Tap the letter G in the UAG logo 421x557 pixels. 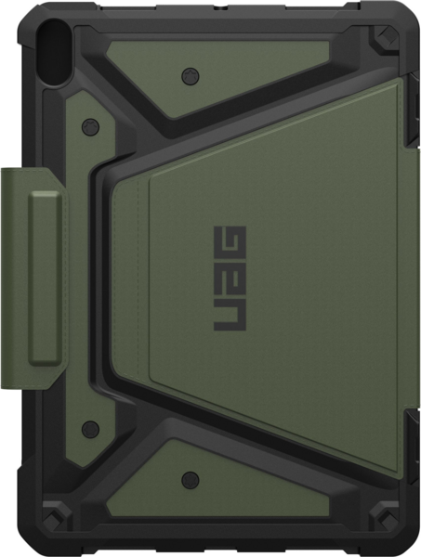(x=230, y=242)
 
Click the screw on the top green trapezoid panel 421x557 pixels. (x=191, y=76)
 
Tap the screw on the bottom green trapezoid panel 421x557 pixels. (x=191, y=480)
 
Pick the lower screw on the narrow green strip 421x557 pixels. (x=90, y=429)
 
